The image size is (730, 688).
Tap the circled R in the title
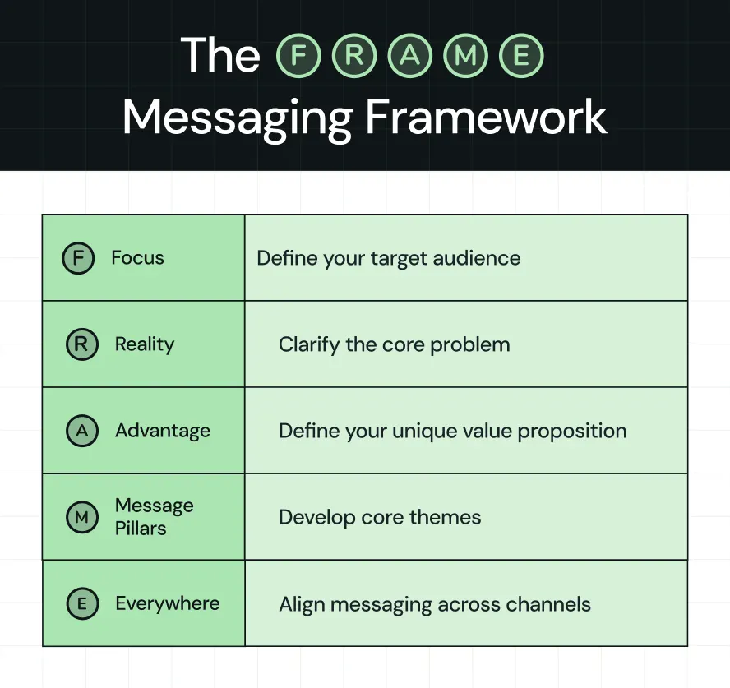(354, 57)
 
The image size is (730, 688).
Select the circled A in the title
(409, 57)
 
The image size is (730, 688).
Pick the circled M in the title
(464, 57)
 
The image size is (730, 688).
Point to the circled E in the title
(520, 57)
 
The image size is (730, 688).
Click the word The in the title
(220, 56)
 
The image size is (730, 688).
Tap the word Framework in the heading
(487, 118)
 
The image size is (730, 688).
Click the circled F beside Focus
(78, 258)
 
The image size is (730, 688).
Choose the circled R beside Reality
(81, 344)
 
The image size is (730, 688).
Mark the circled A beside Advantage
(81, 431)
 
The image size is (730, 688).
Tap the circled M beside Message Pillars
(81, 517)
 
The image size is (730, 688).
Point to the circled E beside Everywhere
(81, 604)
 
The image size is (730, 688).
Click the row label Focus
(137, 258)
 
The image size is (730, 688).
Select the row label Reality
(145, 344)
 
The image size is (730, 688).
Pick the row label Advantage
(163, 431)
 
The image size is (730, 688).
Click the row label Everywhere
(168, 603)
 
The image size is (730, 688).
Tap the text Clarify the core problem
(394, 344)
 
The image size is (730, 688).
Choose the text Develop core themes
(380, 517)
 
